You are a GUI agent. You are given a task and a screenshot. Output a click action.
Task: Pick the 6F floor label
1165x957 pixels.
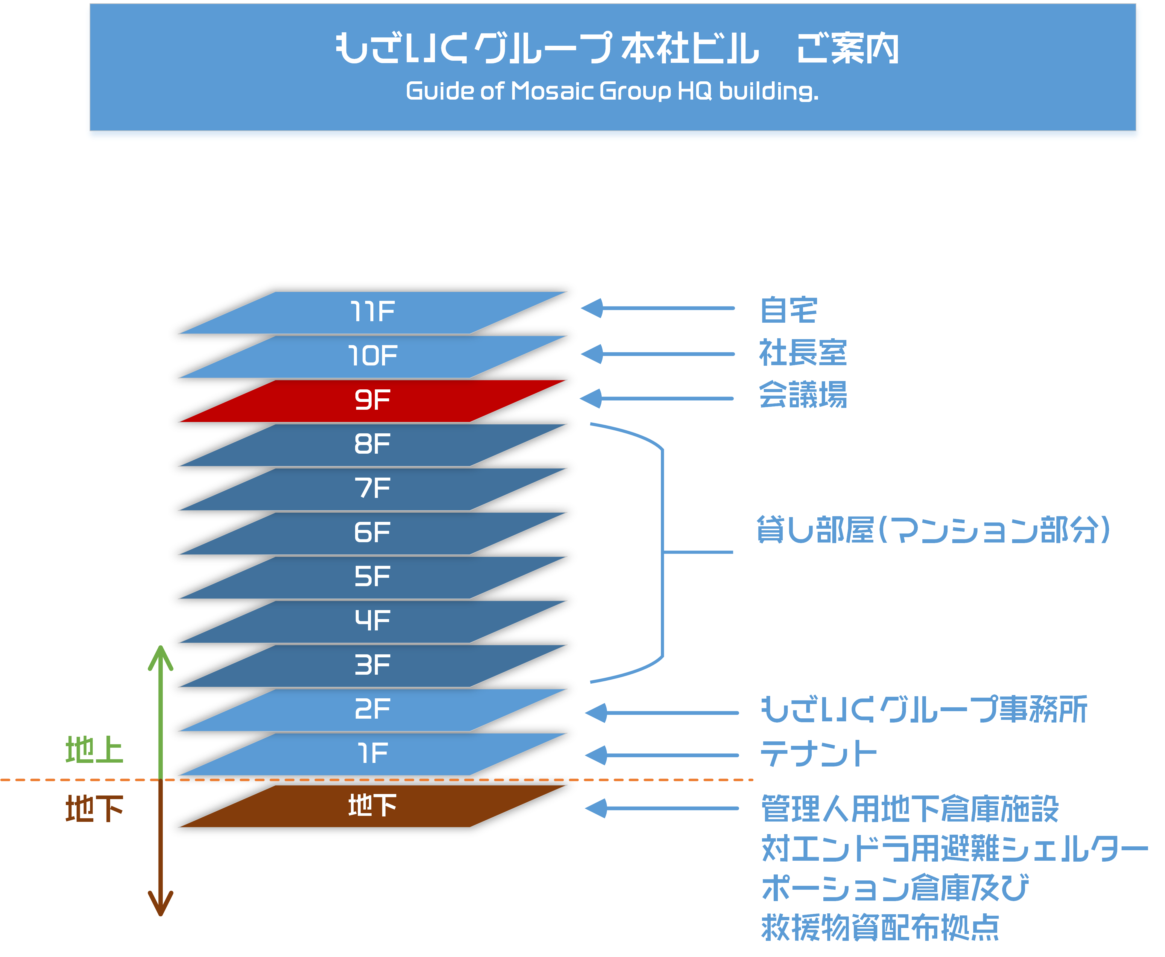tap(372, 533)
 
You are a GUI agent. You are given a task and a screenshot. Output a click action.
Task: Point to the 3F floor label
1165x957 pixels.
tap(372, 665)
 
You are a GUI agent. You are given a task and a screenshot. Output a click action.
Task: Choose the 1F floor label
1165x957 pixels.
tap(372, 753)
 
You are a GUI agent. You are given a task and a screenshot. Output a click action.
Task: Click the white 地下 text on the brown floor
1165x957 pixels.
tap(372, 805)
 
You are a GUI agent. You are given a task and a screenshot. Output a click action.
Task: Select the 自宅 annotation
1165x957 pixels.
tap(788, 310)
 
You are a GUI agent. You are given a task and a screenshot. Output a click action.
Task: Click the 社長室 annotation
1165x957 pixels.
tap(803, 353)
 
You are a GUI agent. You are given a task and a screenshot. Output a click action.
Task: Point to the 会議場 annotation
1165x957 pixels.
tap(803, 395)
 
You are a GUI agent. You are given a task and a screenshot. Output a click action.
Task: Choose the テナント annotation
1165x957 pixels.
tap(818, 754)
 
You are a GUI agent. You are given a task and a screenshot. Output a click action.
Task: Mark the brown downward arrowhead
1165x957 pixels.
tap(160, 904)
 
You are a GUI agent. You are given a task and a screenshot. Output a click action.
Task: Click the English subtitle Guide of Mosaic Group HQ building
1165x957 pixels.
tap(612, 91)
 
